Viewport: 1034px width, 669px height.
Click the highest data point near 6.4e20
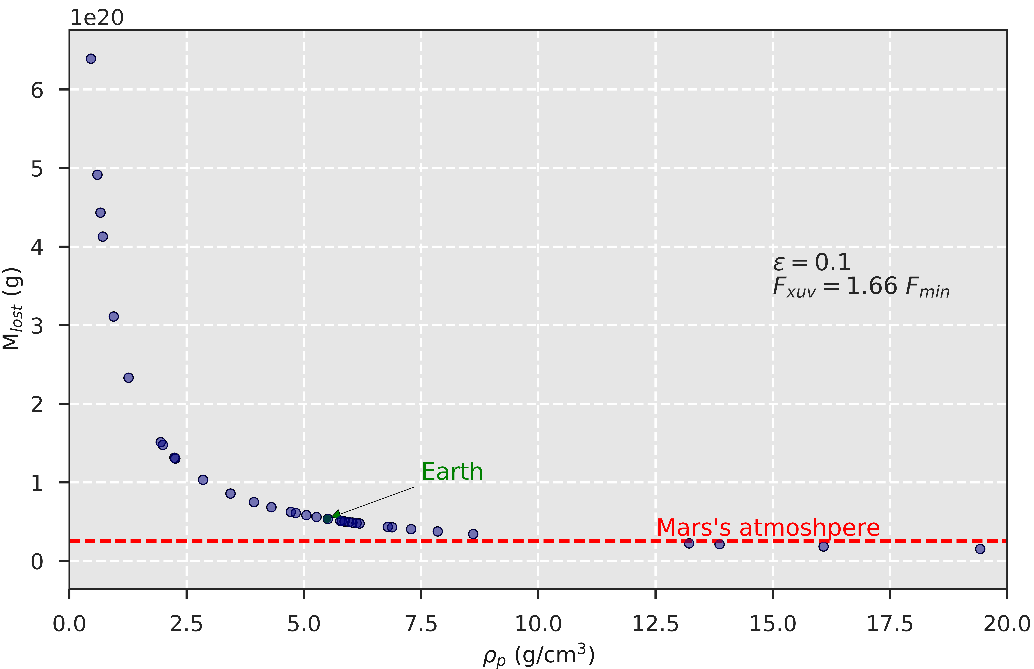tap(91, 59)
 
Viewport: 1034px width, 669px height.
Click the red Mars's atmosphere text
tap(768, 528)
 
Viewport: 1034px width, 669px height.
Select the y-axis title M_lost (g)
tap(12, 308)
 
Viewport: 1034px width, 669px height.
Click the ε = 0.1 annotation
tap(812, 262)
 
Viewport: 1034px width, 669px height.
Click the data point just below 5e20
tap(97, 175)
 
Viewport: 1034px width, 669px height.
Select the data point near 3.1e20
tap(113, 316)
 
